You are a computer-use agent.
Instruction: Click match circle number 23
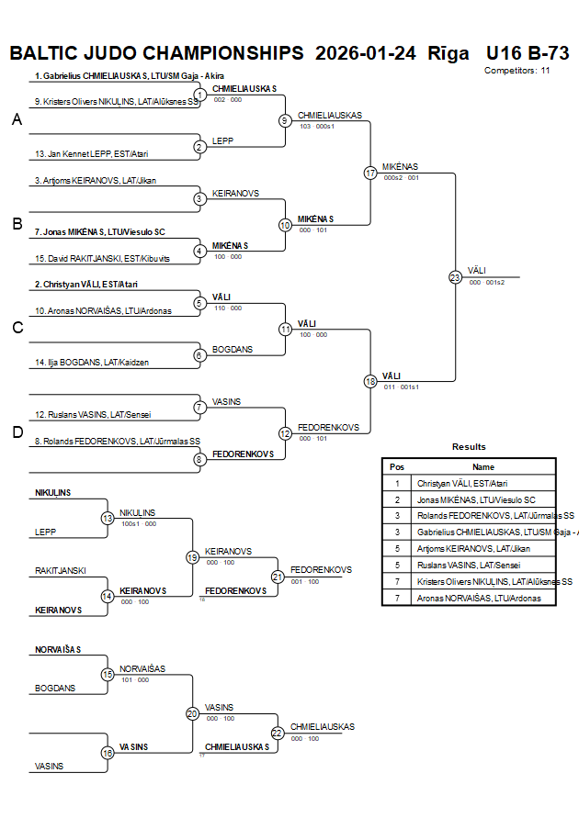click(455, 277)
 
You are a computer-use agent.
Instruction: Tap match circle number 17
click(370, 173)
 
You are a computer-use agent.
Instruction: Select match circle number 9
click(285, 120)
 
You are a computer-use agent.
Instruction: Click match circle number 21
click(278, 577)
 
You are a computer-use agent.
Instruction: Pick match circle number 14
click(108, 596)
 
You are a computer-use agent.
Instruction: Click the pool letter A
click(16, 119)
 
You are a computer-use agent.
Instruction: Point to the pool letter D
click(16, 432)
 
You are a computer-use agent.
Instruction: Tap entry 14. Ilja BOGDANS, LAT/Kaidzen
click(91, 363)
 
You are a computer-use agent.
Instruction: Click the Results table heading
click(469, 446)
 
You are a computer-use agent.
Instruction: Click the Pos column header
click(397, 466)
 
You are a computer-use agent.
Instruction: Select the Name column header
click(483, 466)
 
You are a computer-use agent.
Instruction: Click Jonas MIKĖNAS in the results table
click(475, 499)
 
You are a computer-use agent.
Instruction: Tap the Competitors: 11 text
click(517, 70)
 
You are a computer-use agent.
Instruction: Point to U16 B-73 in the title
click(528, 52)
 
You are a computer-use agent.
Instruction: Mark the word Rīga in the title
click(448, 52)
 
